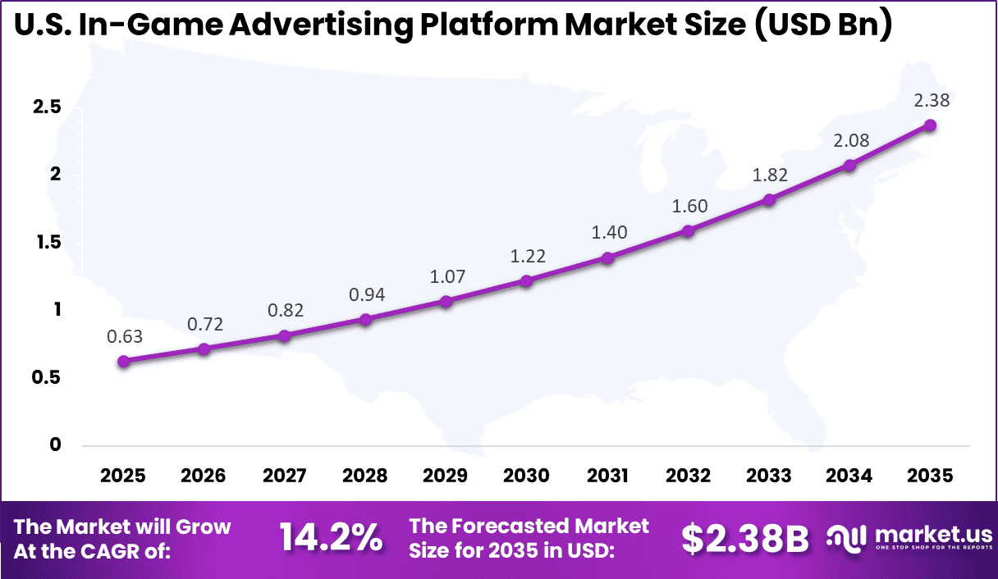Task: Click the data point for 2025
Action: [123, 361]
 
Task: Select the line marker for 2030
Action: [527, 280]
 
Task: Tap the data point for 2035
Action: [930, 125]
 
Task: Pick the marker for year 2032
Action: [688, 230]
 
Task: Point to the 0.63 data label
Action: [124, 336]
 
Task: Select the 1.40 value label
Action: [609, 232]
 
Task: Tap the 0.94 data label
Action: [366, 294]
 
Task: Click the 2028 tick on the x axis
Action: [365, 476]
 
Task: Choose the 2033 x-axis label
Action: [768, 476]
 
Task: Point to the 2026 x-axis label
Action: [204, 476]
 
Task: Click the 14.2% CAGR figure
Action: [331, 538]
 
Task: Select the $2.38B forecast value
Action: [744, 538]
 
